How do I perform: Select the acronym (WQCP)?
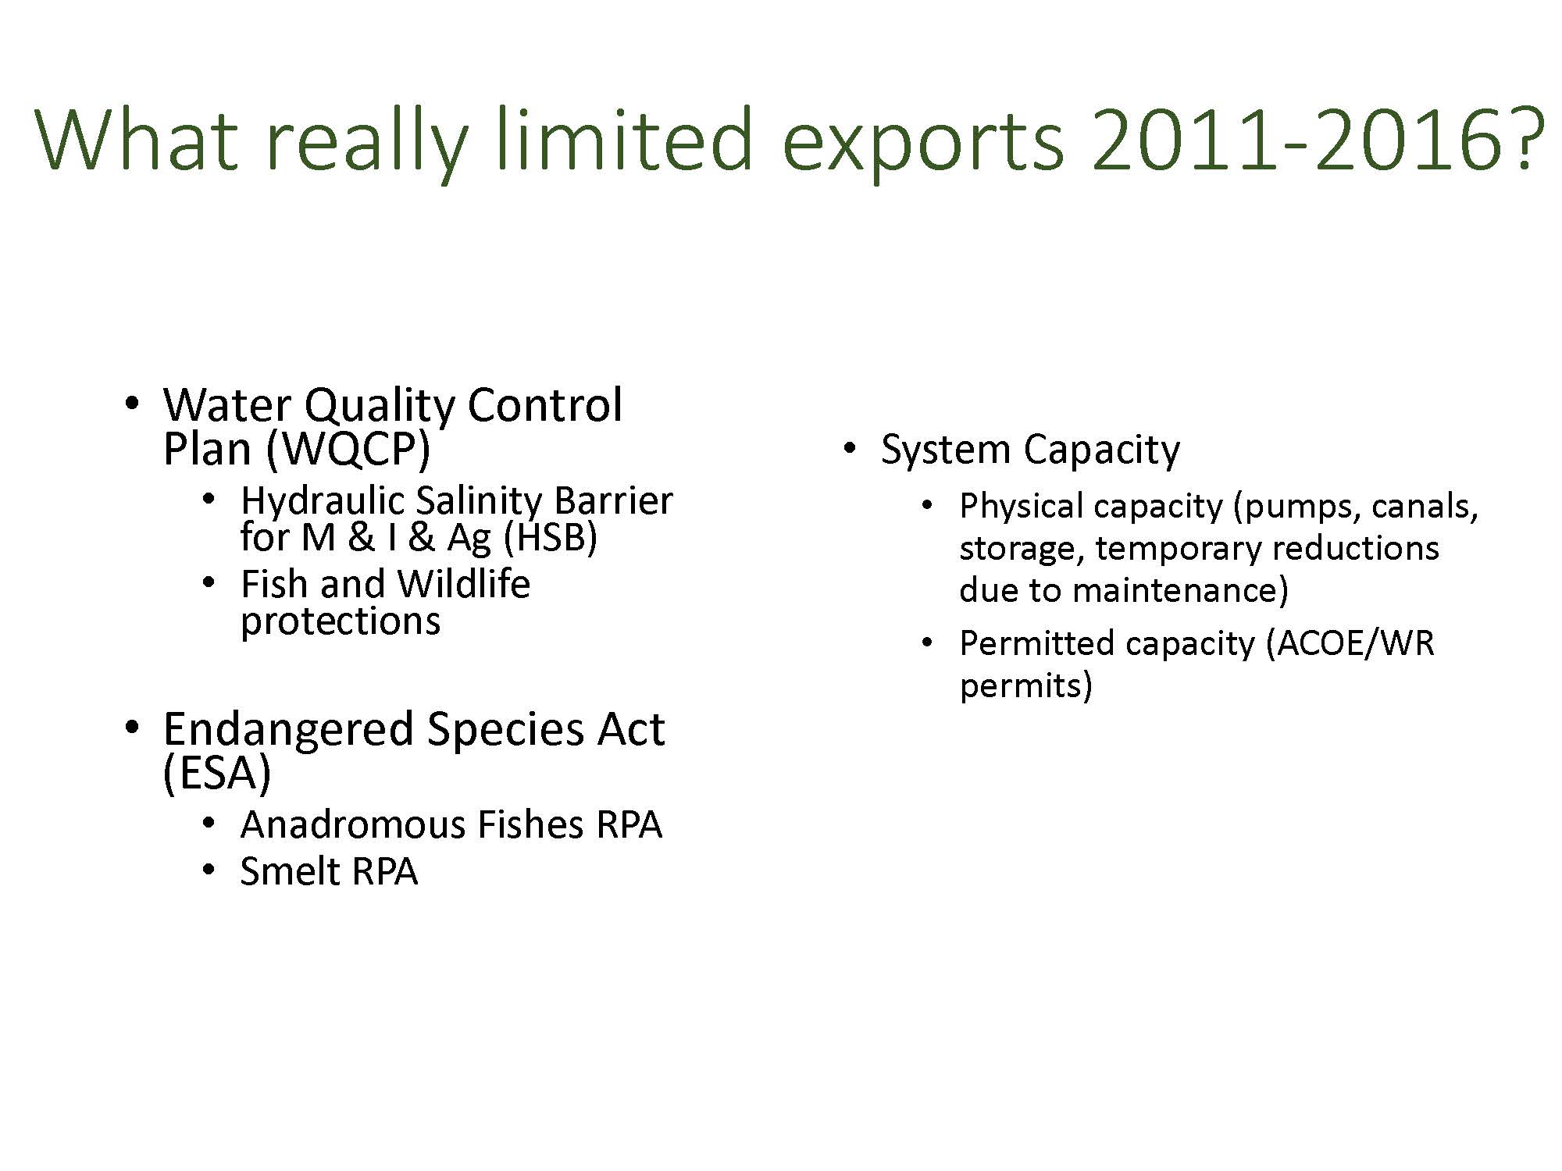point(348,450)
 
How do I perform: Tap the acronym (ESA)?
point(216,774)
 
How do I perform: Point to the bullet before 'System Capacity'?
point(849,450)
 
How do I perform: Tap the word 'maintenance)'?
point(1181,590)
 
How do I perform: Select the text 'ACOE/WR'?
point(1350,644)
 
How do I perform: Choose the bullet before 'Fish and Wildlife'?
point(208,584)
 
